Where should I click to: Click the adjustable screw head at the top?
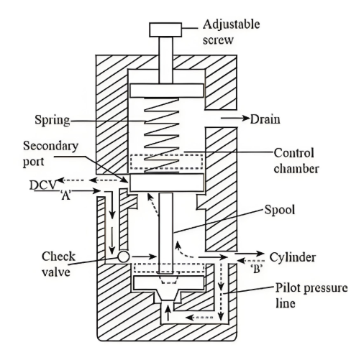tap(165, 29)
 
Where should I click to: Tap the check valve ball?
tap(124, 257)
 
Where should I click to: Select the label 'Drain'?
tap(265, 119)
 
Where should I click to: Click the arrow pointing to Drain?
tap(235, 118)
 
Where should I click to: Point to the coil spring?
tap(162, 135)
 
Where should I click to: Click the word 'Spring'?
tap(53, 120)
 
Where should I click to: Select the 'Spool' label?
tap(280, 210)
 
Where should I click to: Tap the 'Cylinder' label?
tap(293, 257)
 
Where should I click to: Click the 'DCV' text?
tap(43, 185)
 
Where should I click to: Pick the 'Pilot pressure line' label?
tap(311, 295)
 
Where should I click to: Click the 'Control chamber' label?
tap(296, 161)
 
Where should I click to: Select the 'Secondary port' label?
tap(50, 153)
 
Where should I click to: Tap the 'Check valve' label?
tap(58, 264)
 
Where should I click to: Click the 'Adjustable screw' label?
tap(231, 32)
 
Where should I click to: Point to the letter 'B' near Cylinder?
tap(257, 269)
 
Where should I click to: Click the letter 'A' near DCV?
tap(65, 195)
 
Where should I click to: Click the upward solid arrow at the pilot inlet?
tap(168, 313)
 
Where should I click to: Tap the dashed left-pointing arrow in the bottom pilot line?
tap(199, 318)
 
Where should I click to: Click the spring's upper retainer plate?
tap(167, 91)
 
